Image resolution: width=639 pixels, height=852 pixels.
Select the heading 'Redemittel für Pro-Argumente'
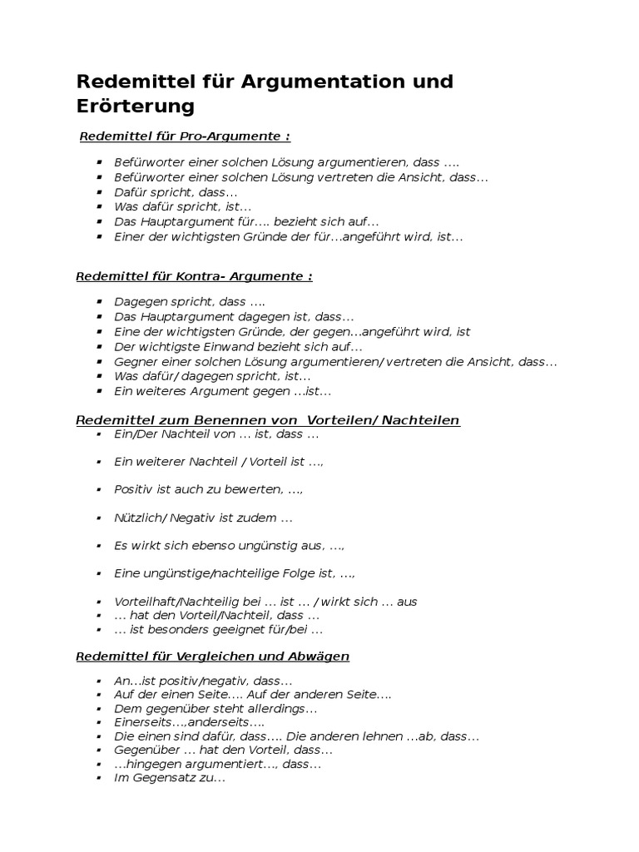pyautogui.click(x=184, y=136)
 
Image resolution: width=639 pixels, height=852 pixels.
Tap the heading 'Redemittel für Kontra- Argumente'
pyautogui.click(x=194, y=276)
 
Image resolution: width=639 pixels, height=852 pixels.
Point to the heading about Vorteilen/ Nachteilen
pyautogui.click(x=267, y=420)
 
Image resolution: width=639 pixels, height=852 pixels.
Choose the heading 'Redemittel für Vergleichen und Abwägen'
pyautogui.click(x=212, y=656)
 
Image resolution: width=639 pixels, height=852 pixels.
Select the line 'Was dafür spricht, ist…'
pyautogui.click(x=182, y=206)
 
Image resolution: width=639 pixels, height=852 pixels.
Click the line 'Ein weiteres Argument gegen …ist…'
pyautogui.click(x=222, y=390)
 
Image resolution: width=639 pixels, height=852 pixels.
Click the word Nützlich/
pyautogui.click(x=141, y=518)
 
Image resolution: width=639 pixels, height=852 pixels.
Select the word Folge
pyautogui.click(x=311, y=573)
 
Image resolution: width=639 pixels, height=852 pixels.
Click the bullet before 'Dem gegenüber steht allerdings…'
pyautogui.click(x=99, y=709)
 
